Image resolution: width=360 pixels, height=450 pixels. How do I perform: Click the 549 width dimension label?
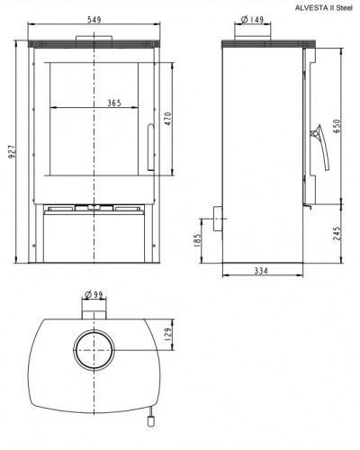pyautogui.click(x=94, y=20)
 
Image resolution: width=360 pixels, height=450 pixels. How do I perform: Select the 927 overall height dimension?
pyautogui.click(x=12, y=152)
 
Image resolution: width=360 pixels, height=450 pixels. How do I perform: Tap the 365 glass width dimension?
pyautogui.click(x=114, y=103)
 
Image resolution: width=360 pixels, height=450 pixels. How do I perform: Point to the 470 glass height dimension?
pyautogui.click(x=168, y=119)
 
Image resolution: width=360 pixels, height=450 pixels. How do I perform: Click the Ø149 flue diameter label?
pyautogui.click(x=252, y=20)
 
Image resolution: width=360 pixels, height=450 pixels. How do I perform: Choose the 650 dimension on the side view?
pyautogui.click(x=337, y=126)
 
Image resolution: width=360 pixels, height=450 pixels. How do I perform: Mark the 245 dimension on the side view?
pyautogui.click(x=337, y=233)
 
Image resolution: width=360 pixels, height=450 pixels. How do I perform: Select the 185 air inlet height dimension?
pyautogui.click(x=197, y=240)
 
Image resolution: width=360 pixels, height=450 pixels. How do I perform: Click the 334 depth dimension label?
pyautogui.click(x=261, y=271)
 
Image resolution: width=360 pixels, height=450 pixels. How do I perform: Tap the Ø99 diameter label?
pyautogui.click(x=94, y=294)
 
